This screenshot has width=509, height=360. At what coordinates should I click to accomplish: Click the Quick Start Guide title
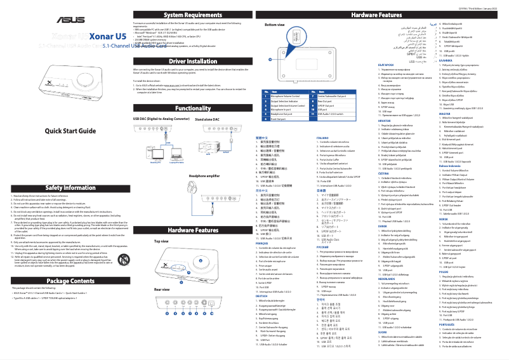click(x=65, y=131)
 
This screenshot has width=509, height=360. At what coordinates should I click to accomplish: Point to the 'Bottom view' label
click(x=273, y=23)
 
